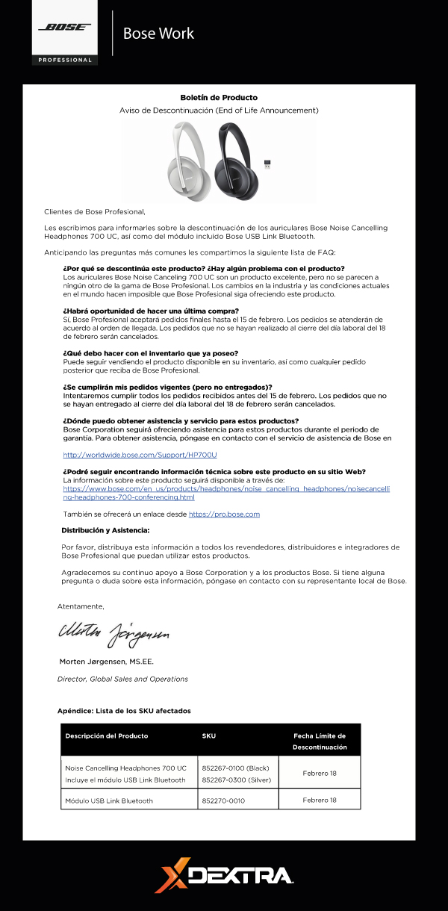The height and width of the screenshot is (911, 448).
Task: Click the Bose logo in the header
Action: click(x=65, y=28)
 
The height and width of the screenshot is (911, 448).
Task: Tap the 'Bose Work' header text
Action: click(x=158, y=34)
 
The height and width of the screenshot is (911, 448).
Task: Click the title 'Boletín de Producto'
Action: click(x=219, y=98)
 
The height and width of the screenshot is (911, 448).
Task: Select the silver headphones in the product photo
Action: click(x=190, y=158)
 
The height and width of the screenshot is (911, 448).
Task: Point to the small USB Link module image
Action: click(x=267, y=164)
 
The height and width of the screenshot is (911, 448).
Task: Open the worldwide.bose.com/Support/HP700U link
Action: click(x=140, y=454)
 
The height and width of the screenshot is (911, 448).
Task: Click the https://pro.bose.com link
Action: click(x=224, y=514)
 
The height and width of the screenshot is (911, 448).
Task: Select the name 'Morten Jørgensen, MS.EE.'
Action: click(x=107, y=662)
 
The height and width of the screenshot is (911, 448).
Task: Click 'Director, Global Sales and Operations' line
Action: click(x=122, y=679)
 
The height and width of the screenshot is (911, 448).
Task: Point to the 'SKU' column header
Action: click(x=209, y=736)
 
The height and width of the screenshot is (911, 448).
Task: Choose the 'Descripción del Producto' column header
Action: click(x=107, y=736)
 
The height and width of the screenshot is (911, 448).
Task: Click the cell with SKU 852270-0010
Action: click(x=223, y=800)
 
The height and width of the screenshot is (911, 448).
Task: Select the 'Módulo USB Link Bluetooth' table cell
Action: click(x=109, y=800)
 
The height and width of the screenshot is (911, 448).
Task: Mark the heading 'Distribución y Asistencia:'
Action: click(x=105, y=530)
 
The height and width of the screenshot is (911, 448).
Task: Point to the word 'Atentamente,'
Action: click(x=81, y=606)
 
